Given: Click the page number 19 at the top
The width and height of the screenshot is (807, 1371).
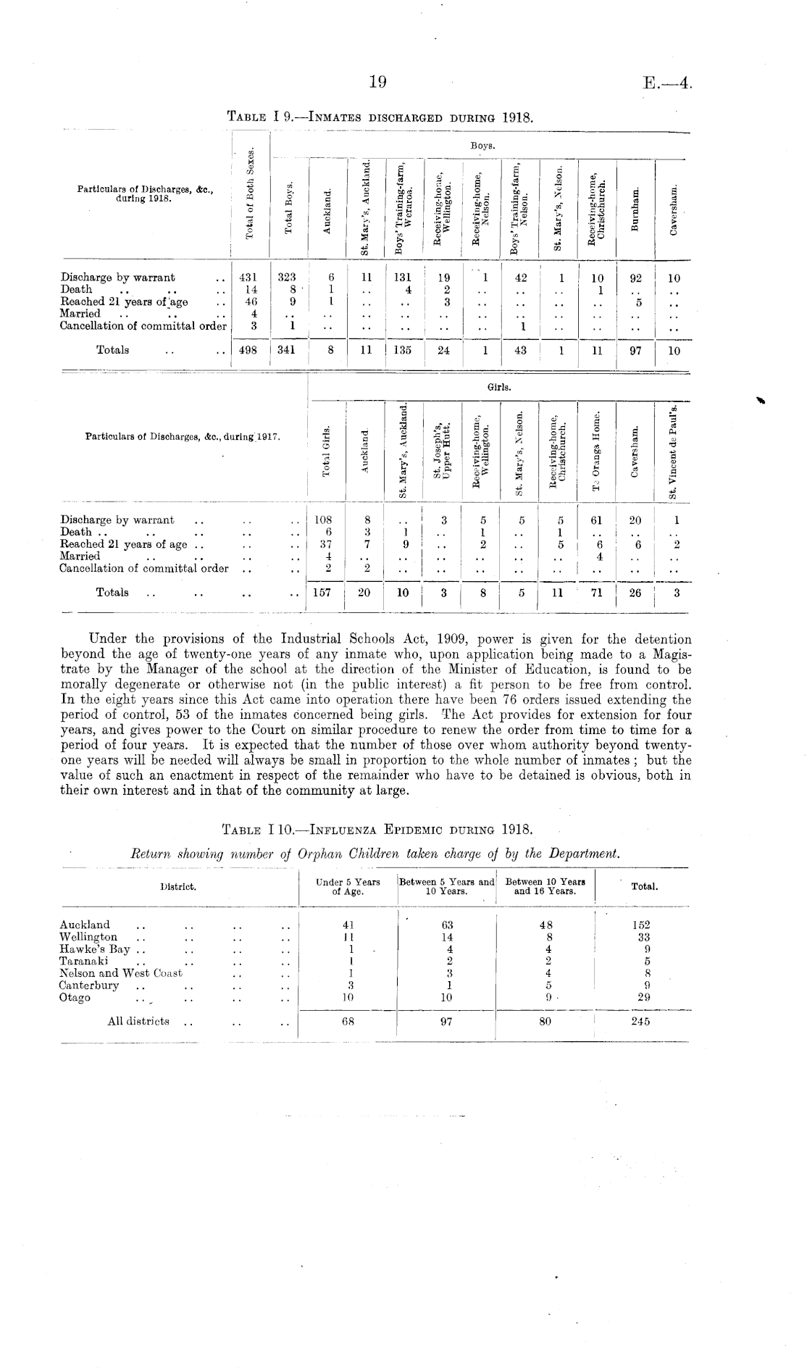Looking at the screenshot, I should point(377,83).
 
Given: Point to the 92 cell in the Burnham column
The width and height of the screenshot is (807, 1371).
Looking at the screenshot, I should point(635,278).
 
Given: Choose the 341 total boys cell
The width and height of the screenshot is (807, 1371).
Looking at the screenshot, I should point(288,351).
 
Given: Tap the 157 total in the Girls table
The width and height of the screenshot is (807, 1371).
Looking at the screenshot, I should point(322,593).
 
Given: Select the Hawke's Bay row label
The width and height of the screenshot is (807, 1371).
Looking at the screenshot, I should point(95,949).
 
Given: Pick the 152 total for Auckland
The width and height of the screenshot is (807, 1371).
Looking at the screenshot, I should point(640,925).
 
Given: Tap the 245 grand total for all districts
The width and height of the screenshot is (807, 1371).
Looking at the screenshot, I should point(640,1022).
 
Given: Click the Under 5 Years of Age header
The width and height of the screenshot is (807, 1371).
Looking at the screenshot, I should point(348,887).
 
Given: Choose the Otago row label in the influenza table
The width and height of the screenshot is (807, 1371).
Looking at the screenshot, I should point(75,998).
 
